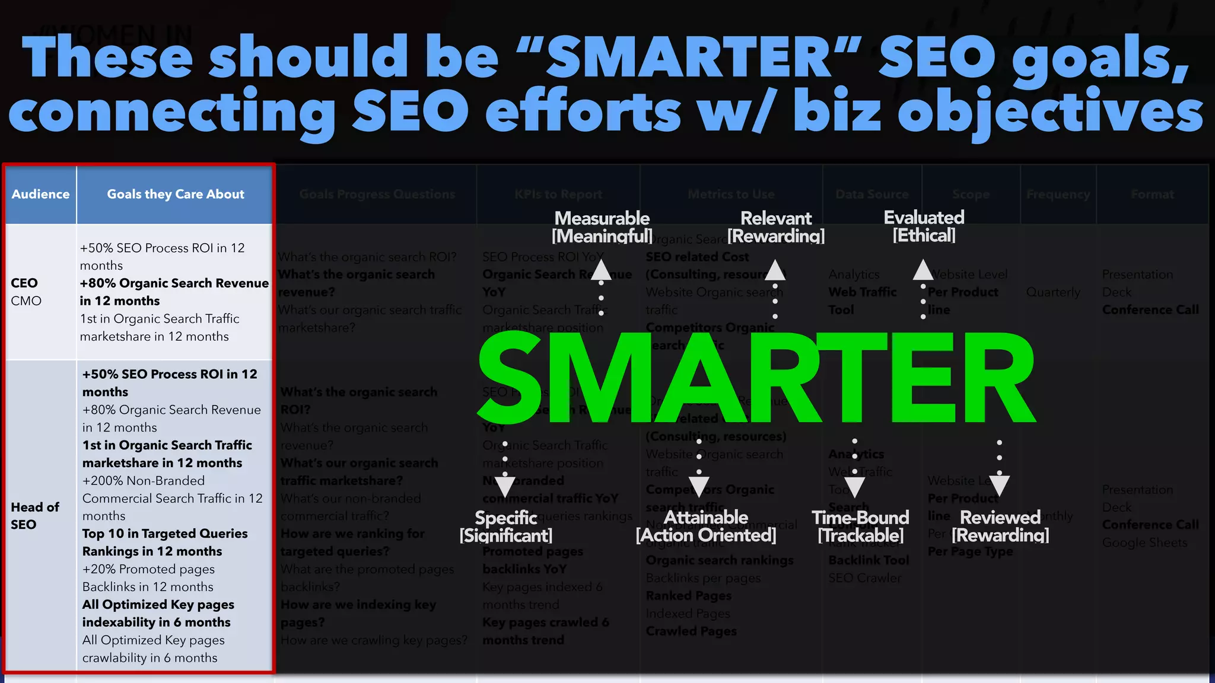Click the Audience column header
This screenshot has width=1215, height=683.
pos(40,194)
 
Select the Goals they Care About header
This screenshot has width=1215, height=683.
pos(175,194)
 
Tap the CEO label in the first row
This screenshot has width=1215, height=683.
pos(24,283)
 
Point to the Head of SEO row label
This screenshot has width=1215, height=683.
pos(34,515)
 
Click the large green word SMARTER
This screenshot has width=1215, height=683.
pos(756,378)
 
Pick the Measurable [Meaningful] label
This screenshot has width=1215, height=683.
pos(602,227)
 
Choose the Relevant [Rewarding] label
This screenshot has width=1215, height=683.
pos(776,227)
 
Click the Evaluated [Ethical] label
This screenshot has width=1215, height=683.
pos(924,226)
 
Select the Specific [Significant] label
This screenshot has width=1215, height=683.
pos(506,526)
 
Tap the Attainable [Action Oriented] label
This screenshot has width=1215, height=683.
pos(706,526)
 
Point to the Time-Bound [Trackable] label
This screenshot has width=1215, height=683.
pos(860,526)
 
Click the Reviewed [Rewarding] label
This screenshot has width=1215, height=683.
pos(1000,526)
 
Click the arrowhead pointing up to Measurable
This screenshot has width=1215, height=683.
pos(601,270)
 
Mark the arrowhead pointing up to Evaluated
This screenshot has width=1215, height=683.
pos(923,270)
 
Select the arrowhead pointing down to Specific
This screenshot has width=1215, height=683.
pos(505,486)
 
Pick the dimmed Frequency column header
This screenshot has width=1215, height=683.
pos(1058,194)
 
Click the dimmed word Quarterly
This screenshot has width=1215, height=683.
pos(1053,292)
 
